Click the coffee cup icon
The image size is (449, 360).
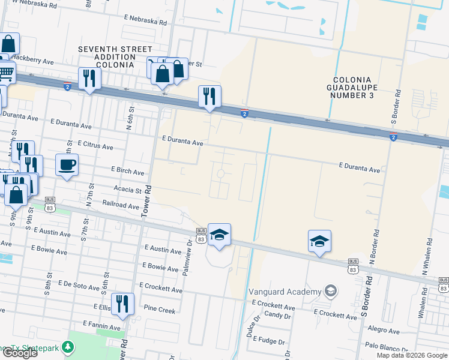pos(67,164)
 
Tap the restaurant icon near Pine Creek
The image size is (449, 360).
pos(122,304)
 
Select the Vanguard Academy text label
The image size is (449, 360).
pos(285,292)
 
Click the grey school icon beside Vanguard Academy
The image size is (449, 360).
pos(330,292)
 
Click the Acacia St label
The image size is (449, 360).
pos(127,190)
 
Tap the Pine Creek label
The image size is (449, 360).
pos(160,310)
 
